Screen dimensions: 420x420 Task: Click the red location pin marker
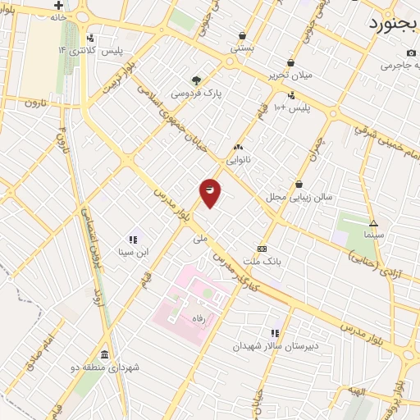pyautogui.click(x=210, y=191)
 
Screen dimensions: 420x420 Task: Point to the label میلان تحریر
pyautogui.click(x=290, y=76)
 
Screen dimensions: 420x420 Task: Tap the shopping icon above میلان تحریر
pyautogui.click(x=290, y=62)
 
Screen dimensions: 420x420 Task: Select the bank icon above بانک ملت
pyautogui.click(x=262, y=249)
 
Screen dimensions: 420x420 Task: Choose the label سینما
pyautogui.click(x=373, y=235)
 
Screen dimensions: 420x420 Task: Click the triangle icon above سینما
pyautogui.click(x=373, y=222)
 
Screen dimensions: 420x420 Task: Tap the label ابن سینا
pyautogui.click(x=133, y=252)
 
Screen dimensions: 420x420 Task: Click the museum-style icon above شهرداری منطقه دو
pyautogui.click(x=104, y=354)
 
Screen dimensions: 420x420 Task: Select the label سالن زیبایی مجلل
pyautogui.click(x=297, y=198)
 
